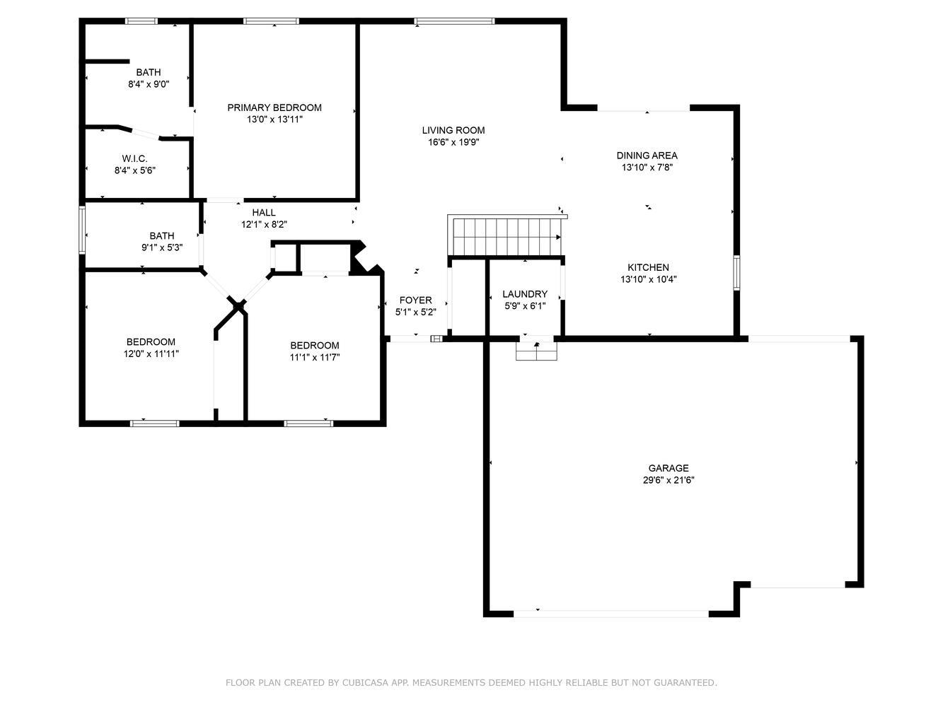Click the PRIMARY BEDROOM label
(x=274, y=107)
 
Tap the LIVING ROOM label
(x=453, y=131)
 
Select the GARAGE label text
(x=669, y=468)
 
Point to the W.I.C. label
(x=134, y=159)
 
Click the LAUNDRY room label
(x=525, y=294)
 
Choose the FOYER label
(x=415, y=300)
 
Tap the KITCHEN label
(x=648, y=267)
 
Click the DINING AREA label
(x=647, y=156)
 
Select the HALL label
(x=264, y=213)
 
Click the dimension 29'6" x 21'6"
(x=669, y=480)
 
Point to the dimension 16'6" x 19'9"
(x=453, y=143)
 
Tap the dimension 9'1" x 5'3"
(x=162, y=247)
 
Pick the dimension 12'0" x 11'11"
(x=151, y=354)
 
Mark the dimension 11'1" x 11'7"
(x=315, y=358)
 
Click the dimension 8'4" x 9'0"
(x=149, y=85)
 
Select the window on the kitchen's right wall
(x=736, y=273)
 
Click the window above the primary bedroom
(x=271, y=21)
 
